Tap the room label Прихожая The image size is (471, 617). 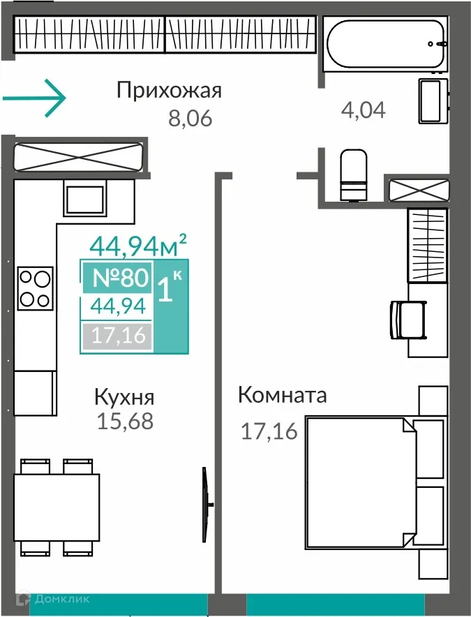(169, 91)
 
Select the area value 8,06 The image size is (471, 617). (189, 119)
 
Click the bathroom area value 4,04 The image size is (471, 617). (363, 110)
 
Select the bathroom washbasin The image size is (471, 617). (431, 101)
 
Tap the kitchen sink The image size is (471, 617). (84, 198)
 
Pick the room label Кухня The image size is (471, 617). (124, 398)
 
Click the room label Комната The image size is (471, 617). (282, 395)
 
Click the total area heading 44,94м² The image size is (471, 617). (138, 245)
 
